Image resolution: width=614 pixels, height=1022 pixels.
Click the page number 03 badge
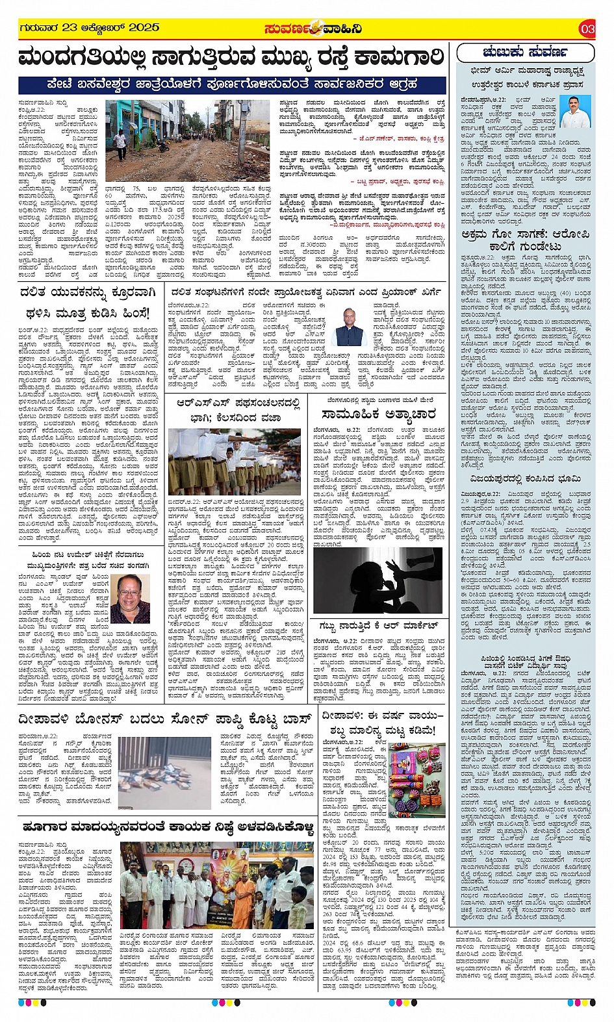tap(587, 29)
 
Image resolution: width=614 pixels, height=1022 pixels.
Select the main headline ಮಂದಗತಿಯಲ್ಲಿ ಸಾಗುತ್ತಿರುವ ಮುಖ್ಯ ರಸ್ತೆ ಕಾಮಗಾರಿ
tap(232, 57)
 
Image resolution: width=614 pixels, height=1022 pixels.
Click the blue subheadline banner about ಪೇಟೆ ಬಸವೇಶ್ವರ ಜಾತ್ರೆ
tap(232, 84)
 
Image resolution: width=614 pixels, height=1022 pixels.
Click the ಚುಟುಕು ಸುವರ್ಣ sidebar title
tap(526, 52)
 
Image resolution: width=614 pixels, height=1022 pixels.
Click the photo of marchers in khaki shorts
tap(234, 462)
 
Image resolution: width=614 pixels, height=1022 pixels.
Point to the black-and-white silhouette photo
tap(378, 580)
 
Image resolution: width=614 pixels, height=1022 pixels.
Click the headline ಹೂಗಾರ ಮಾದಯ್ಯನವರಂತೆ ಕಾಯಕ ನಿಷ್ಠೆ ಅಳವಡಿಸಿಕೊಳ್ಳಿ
tap(167, 827)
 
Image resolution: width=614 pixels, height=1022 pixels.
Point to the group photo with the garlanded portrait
tap(217, 885)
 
